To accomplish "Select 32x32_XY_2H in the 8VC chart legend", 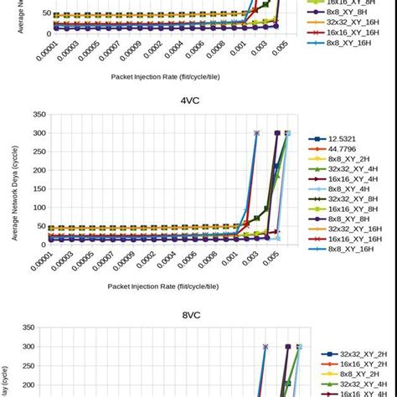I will tap(353, 354).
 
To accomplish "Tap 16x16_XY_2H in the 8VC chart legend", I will tap(353, 367).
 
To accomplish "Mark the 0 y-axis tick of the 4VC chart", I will tap(41, 244).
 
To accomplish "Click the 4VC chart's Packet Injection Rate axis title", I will tap(163, 286).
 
